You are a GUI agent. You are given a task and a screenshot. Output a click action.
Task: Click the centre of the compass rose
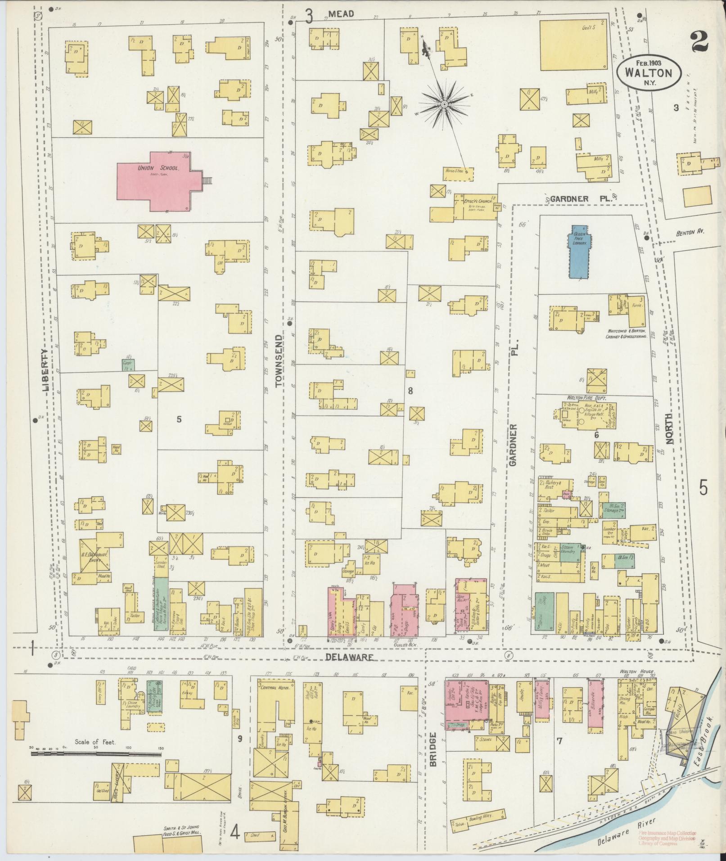(444, 104)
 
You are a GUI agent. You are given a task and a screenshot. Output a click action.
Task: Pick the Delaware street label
(349, 657)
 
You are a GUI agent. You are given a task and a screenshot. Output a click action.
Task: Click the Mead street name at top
(341, 14)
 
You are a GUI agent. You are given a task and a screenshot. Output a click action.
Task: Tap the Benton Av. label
(689, 232)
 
